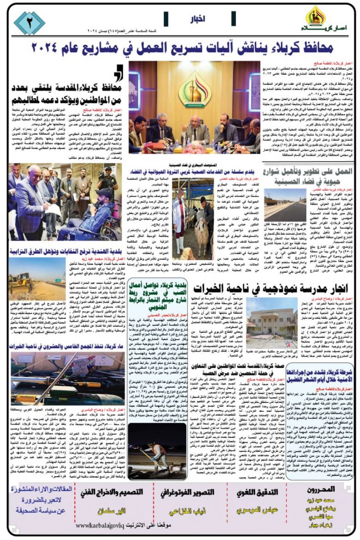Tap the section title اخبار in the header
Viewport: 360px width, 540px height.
(198, 19)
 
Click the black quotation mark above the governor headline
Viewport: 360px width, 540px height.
(119, 72)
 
